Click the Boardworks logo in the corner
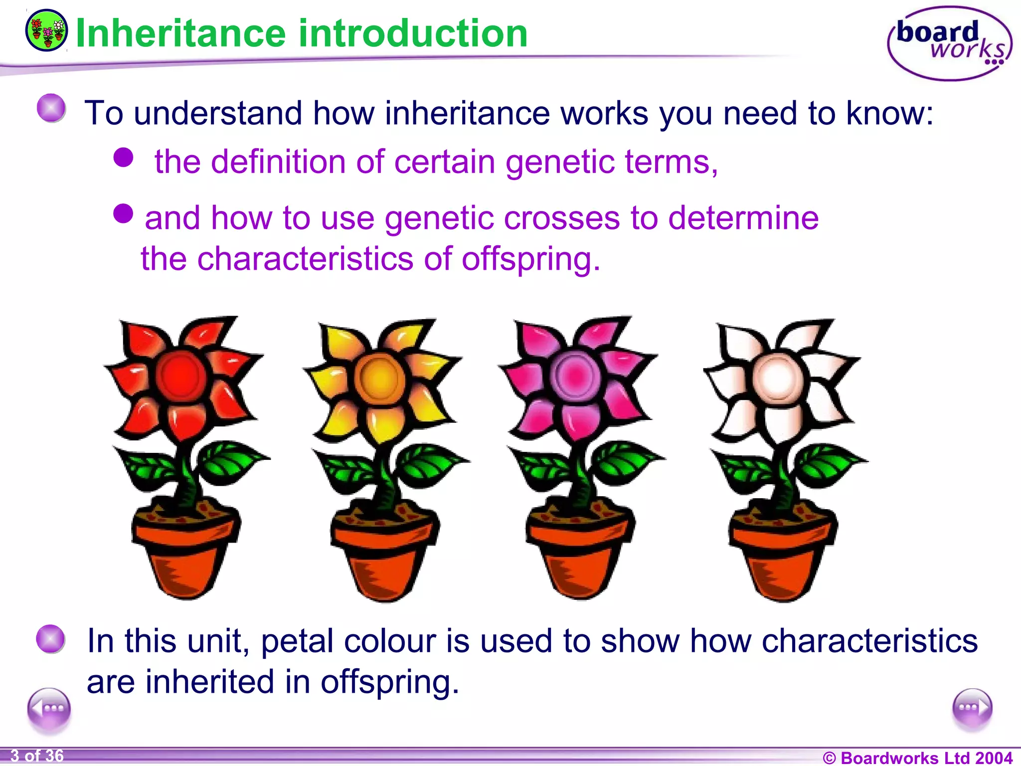click(x=949, y=43)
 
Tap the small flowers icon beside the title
click(x=47, y=30)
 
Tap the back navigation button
click(x=49, y=708)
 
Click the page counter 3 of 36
click(x=37, y=756)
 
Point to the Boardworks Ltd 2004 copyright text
click(x=917, y=758)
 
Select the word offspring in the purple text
click(x=530, y=259)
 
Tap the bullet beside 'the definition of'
click(x=123, y=158)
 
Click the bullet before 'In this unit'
click(x=51, y=639)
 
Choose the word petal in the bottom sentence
click(x=297, y=642)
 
